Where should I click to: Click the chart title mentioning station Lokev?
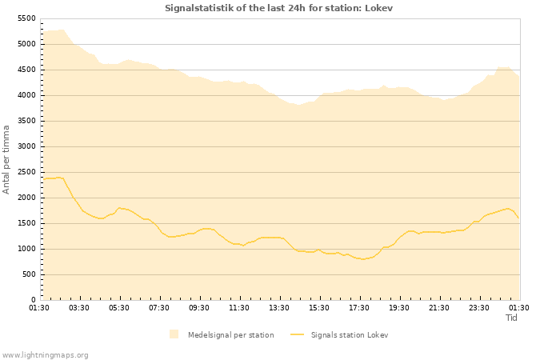279,8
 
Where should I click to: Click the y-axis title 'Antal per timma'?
7,158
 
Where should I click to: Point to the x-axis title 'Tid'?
512,318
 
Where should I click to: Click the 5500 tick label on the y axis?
26,18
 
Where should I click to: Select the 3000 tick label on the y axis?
26,146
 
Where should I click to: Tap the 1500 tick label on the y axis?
26,223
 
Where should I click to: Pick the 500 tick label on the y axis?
28,274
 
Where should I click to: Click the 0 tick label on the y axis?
34,300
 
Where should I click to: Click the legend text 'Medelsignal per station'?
230,334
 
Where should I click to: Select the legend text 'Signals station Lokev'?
350,334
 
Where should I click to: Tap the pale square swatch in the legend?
174,334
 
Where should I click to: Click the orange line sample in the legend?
297,334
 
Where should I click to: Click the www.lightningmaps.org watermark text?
46,354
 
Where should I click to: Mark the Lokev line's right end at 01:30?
518,218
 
